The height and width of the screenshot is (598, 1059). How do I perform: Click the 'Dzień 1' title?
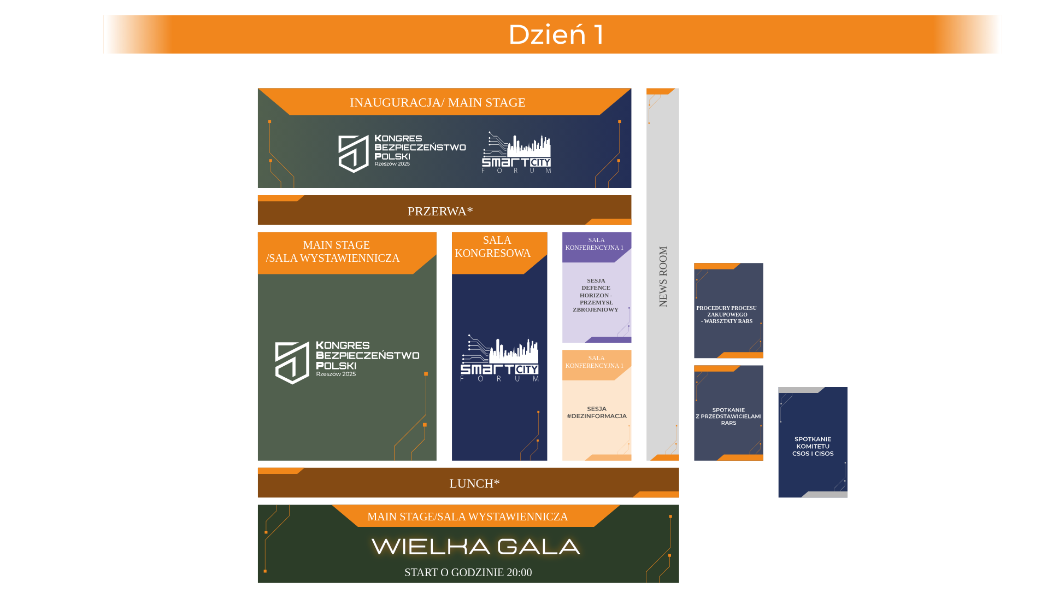point(556,34)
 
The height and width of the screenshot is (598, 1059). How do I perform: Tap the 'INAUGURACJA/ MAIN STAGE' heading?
point(438,102)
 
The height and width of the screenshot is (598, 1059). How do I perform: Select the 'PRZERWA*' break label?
point(440,211)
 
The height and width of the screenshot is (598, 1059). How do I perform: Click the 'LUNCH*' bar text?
point(474,483)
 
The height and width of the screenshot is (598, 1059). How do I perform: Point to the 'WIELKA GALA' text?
point(475,547)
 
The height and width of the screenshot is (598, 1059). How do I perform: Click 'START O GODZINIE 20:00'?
point(468,572)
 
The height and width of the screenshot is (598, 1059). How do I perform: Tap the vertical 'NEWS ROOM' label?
point(663,277)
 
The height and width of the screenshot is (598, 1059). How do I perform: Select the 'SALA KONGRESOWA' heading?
point(493,247)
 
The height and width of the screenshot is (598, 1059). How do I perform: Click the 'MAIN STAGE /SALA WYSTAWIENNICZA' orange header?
point(333,251)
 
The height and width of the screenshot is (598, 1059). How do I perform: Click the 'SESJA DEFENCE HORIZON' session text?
point(596,295)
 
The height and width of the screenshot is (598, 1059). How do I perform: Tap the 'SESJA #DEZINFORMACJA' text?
point(597,412)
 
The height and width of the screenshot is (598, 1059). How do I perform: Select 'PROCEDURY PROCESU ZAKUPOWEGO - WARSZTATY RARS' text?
point(727,314)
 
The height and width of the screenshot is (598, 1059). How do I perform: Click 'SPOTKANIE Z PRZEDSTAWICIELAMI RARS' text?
point(728,416)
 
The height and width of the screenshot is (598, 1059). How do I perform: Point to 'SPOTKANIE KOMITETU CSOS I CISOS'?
point(813,446)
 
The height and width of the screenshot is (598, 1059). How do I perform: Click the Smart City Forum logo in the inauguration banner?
point(516,153)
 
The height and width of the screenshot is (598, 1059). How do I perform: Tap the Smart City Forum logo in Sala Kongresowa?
point(499,358)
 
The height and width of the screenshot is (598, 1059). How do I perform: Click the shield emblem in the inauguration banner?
point(353,154)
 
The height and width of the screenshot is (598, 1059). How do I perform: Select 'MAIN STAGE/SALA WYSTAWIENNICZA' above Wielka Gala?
point(467,517)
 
